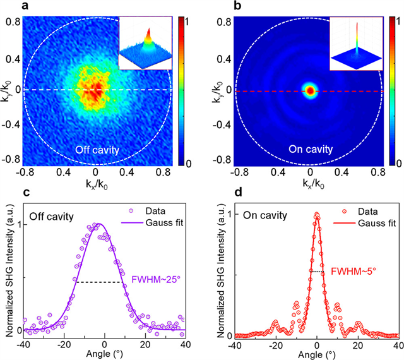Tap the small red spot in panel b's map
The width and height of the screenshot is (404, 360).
coord(310,91)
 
